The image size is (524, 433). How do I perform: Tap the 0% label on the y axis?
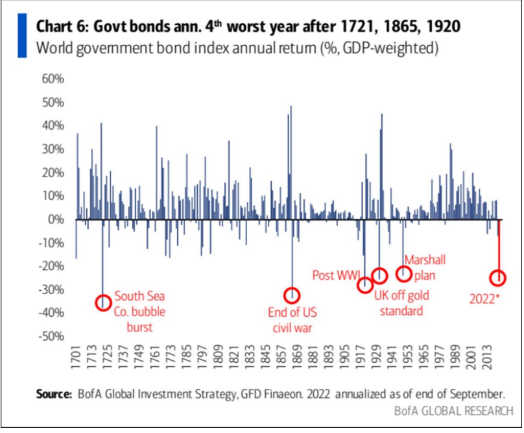[56, 219]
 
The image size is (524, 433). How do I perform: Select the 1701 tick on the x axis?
[75, 356]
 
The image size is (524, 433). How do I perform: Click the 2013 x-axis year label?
[488, 356]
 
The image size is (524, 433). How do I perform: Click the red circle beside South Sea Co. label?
[102, 302]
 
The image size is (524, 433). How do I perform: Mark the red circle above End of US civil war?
[292, 295]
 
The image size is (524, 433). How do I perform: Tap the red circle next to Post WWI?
[365, 284]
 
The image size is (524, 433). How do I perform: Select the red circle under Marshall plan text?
[403, 273]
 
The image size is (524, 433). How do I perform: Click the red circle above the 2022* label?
[498, 278]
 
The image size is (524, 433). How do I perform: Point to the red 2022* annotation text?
[484, 299]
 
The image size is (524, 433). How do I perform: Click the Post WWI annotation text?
[335, 275]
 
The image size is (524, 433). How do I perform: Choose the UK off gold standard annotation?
[398, 303]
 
